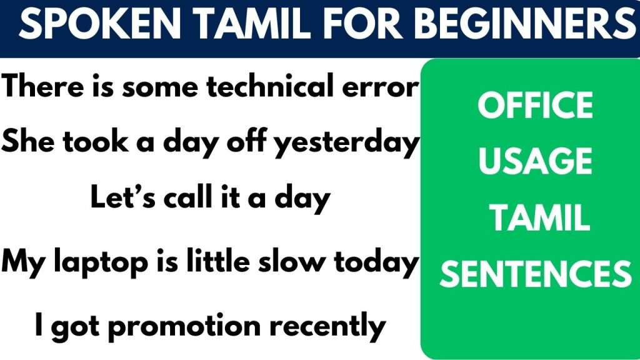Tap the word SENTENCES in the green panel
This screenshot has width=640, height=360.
pos(535,274)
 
